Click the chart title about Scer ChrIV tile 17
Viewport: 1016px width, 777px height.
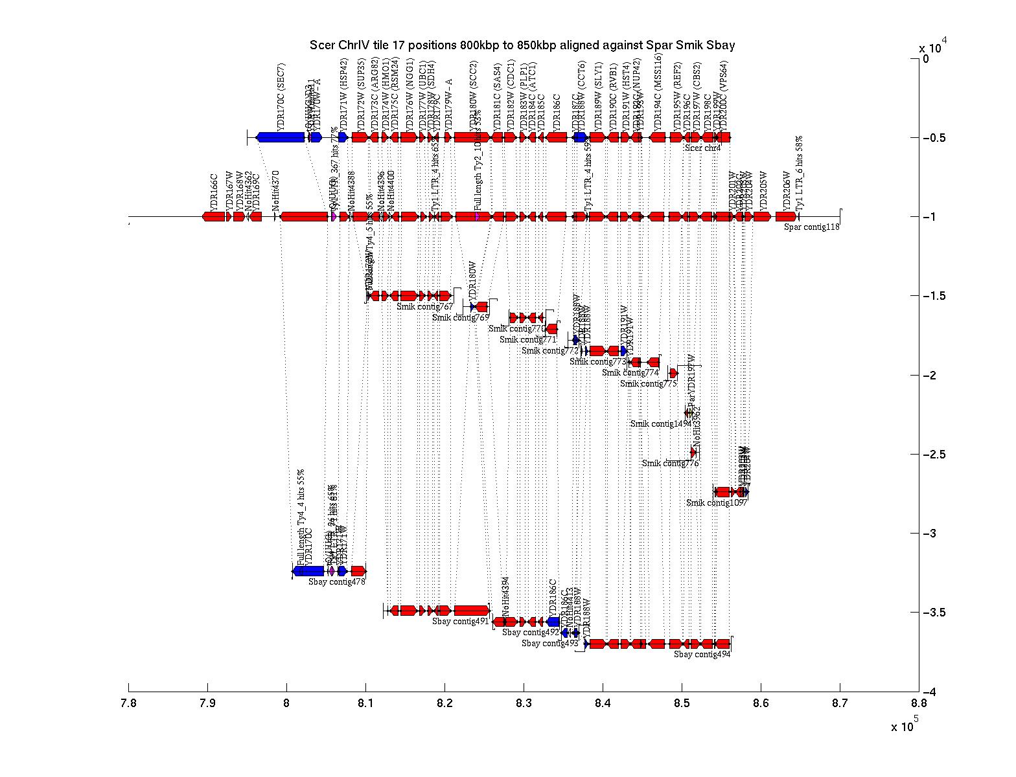pos(522,45)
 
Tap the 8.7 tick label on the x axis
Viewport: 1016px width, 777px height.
pos(840,704)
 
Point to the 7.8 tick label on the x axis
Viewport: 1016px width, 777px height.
pos(129,704)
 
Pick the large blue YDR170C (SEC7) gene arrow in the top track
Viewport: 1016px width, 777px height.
pos(281,137)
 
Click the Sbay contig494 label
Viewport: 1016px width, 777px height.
pos(702,655)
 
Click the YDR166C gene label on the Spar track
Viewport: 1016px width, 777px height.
pos(214,190)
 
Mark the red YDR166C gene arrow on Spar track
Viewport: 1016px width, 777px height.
pos(213,217)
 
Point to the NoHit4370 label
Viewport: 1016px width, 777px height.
pos(275,188)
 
